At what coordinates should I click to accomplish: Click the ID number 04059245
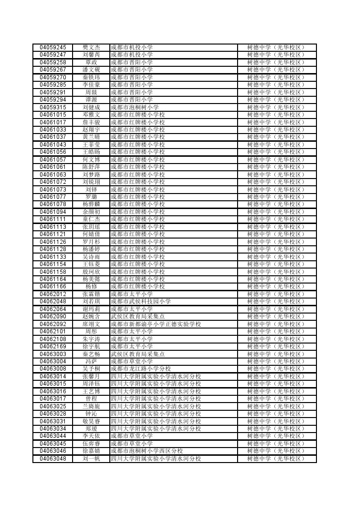click(53, 47)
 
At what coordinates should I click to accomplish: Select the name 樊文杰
click(91, 47)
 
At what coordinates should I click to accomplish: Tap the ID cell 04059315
click(53, 107)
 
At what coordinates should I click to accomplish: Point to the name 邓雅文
click(91, 115)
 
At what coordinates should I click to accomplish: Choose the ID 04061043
click(53, 145)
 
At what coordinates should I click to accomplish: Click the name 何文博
click(91, 160)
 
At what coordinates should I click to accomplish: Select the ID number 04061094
click(53, 212)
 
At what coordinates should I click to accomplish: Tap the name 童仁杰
click(91, 219)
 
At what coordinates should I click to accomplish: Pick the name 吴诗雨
click(91, 257)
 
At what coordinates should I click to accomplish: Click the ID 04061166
click(53, 286)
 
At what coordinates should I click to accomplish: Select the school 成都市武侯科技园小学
click(141, 301)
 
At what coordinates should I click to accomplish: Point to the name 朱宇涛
click(91, 339)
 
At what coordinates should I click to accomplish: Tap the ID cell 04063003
click(53, 354)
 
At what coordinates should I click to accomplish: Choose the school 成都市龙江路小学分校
click(141, 369)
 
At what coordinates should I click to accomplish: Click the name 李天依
click(91, 436)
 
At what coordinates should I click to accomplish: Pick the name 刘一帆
click(91, 459)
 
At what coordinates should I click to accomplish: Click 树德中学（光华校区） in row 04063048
click(276, 459)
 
